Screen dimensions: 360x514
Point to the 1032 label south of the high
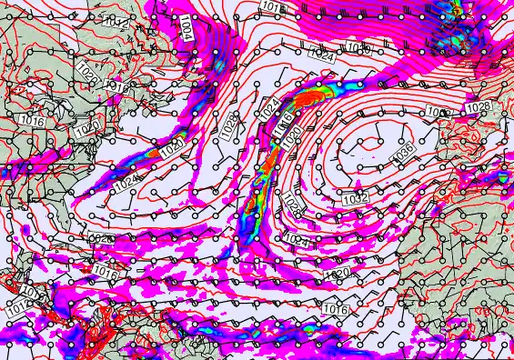pos(355,197)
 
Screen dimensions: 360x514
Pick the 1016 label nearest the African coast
pos(335,310)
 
